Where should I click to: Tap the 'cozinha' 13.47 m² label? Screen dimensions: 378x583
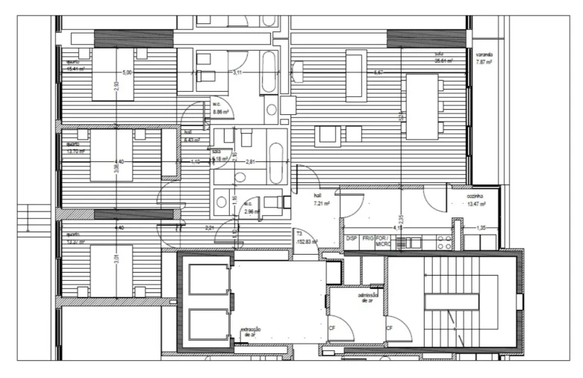476,199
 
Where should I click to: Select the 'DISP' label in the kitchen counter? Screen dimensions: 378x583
352,238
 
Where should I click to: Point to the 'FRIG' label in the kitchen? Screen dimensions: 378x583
368,238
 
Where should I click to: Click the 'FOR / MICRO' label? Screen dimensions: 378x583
383,241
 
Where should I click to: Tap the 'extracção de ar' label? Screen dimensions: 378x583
250,332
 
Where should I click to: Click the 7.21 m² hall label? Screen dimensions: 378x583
321,199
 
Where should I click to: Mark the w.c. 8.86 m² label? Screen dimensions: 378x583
220,108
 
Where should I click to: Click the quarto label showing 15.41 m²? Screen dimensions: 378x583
75,65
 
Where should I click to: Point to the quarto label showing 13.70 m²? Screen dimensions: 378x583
75,147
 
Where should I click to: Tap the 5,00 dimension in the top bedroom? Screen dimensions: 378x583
127,72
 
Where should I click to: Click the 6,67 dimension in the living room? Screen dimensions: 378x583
378,72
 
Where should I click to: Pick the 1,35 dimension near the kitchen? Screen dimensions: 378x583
481,227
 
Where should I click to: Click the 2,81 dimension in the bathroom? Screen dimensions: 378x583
252,161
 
